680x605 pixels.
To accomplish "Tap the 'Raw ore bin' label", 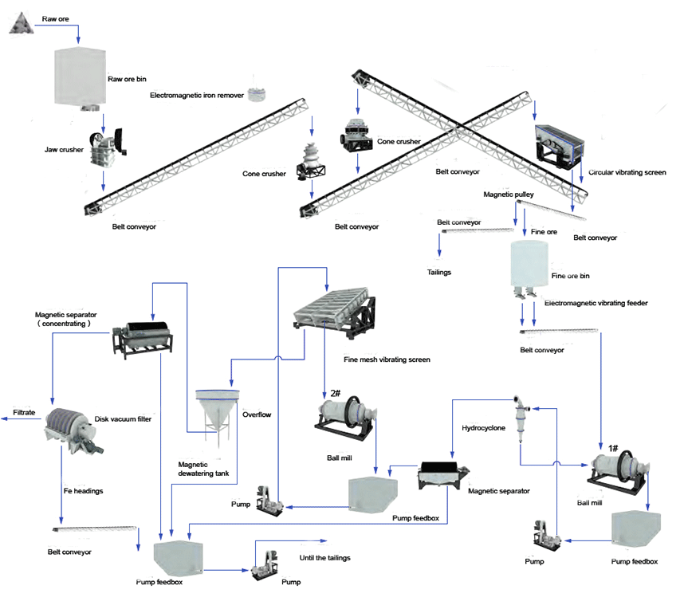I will click(x=128, y=79).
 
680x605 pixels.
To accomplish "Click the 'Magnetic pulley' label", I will click(x=508, y=194).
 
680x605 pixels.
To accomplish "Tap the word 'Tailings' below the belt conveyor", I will click(x=439, y=272).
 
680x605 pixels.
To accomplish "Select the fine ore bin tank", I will click(x=529, y=263).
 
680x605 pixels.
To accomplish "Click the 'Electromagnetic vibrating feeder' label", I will click(x=595, y=303).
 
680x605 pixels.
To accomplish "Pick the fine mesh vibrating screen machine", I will click(x=336, y=315).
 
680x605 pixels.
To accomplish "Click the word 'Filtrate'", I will click(x=25, y=412).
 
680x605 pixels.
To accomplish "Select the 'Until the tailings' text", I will click(x=324, y=558).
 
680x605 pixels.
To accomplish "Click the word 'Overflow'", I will click(x=257, y=414).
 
